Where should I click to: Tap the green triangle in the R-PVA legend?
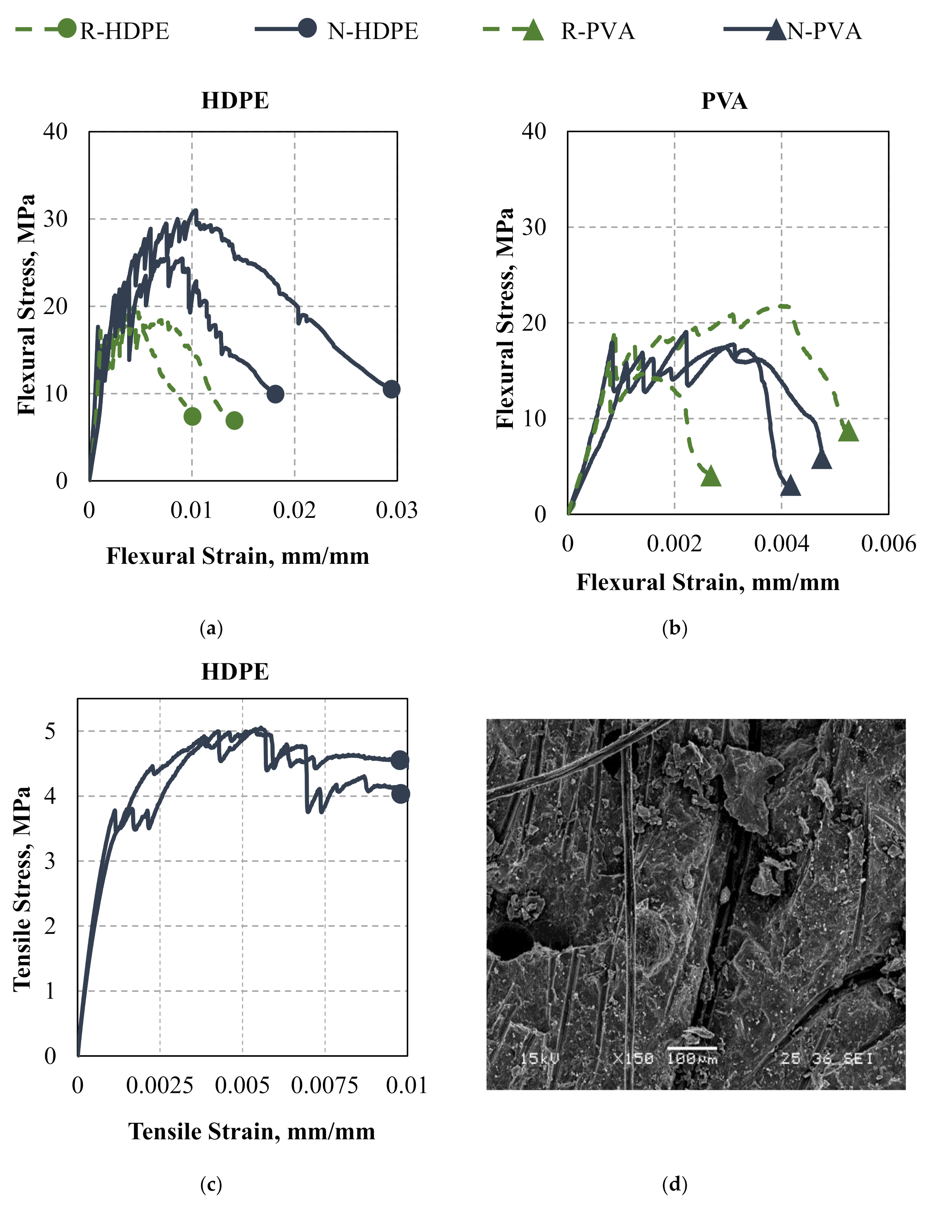pos(533,30)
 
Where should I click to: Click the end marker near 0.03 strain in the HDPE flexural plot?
pos(391,389)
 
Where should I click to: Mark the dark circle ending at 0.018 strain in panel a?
pos(275,394)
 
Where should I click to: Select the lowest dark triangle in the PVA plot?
pos(791,486)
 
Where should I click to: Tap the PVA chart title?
pos(724,101)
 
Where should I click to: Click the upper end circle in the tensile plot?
pos(400,760)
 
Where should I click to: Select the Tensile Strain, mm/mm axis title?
pos(252,1132)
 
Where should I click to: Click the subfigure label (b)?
pos(674,628)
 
